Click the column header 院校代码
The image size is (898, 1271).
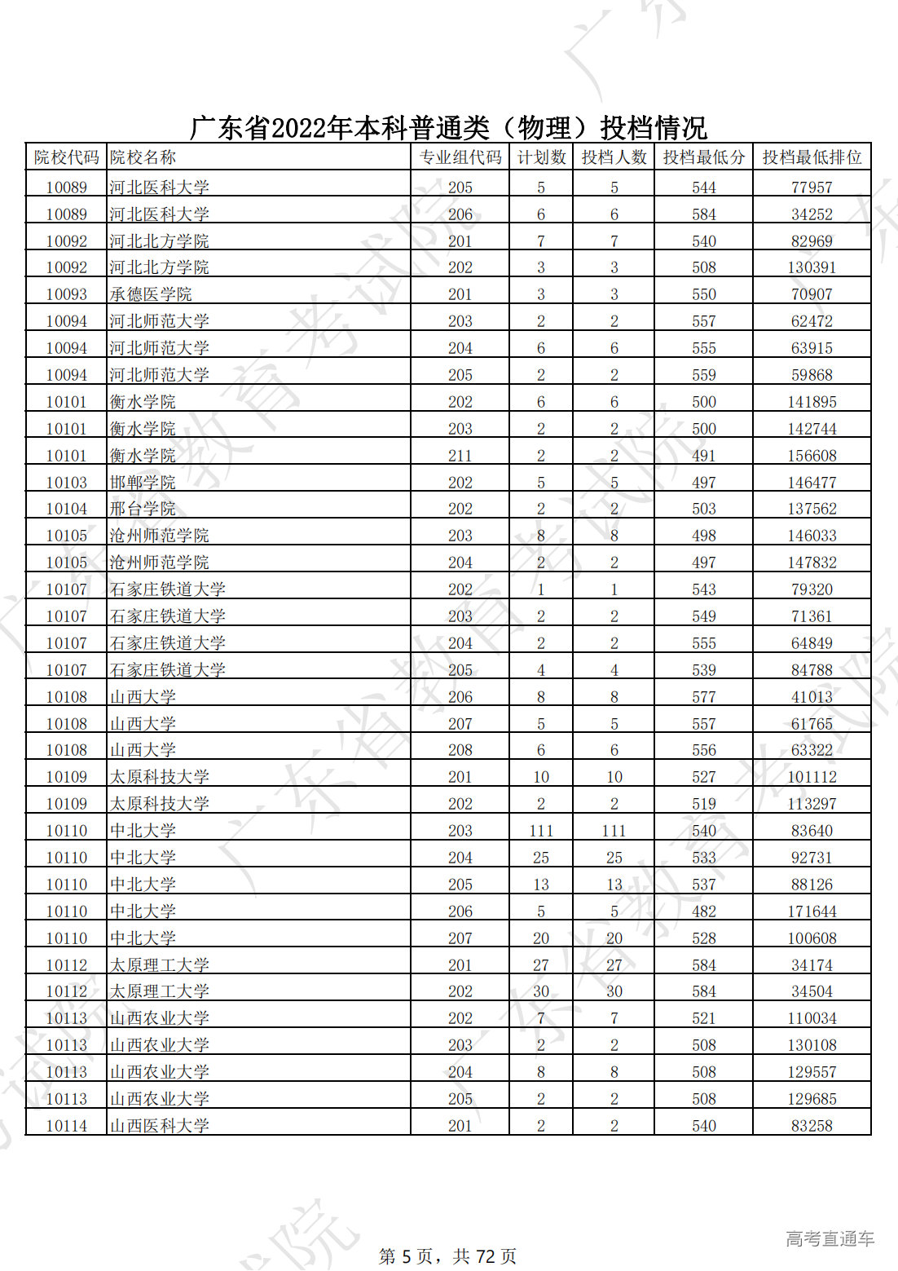click(x=66, y=157)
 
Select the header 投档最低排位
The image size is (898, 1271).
click(x=812, y=157)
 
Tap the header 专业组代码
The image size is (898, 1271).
click(x=460, y=157)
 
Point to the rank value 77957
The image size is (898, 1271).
click(x=812, y=188)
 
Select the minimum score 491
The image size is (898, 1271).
click(x=703, y=456)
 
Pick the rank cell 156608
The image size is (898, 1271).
click(x=812, y=456)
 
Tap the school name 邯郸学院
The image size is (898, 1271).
click(x=143, y=483)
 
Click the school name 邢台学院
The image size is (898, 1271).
click(x=143, y=509)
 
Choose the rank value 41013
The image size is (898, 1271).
click(x=812, y=697)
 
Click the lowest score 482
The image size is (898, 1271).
click(x=703, y=911)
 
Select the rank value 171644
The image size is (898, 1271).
click(x=812, y=911)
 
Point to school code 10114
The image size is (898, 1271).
click(x=66, y=1126)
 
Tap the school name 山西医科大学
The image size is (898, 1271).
click(x=160, y=1126)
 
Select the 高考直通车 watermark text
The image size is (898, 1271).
click(x=830, y=1239)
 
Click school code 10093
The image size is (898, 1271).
click(x=66, y=294)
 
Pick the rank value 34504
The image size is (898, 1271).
click(x=812, y=991)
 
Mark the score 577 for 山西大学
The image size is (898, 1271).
click(x=703, y=697)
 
